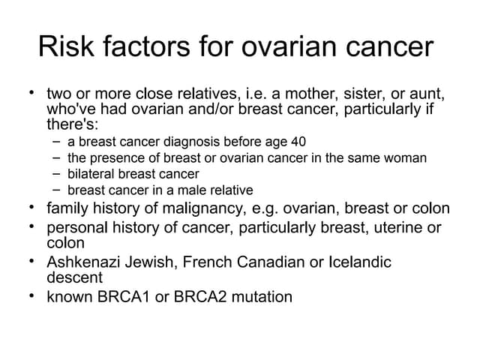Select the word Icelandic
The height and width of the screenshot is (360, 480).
point(359,262)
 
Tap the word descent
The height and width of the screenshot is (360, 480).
point(74,277)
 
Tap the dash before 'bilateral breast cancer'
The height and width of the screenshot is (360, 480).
point(58,174)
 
